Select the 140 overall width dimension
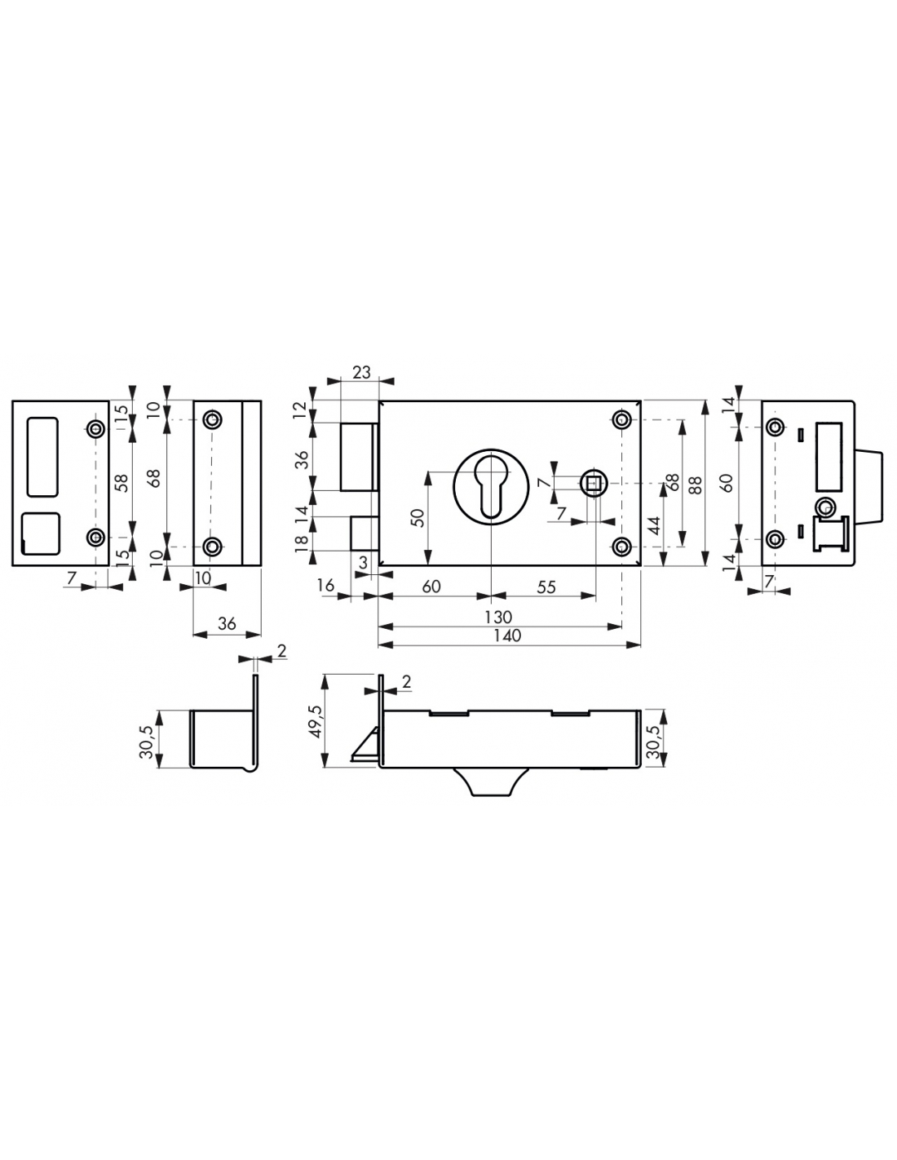click(508, 635)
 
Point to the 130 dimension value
click(498, 617)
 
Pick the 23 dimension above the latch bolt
click(361, 372)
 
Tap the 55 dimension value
click(546, 587)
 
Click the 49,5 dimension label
click(316, 721)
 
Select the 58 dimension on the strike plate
click(122, 483)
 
